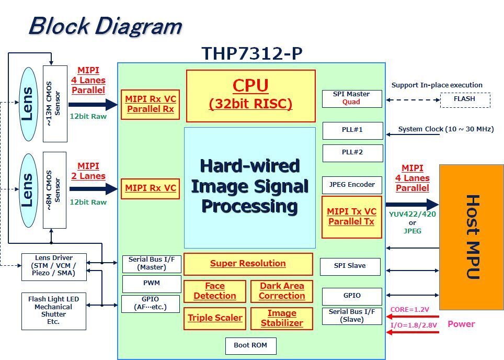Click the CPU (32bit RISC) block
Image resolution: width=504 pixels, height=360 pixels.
click(251, 96)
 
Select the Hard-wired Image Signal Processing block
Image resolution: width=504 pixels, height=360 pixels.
click(250, 187)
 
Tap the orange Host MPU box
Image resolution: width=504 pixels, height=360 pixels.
click(471, 237)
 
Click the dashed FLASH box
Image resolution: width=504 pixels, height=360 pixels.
click(465, 99)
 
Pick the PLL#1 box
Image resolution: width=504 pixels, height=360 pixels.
click(352, 130)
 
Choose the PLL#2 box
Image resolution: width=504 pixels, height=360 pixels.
click(352, 153)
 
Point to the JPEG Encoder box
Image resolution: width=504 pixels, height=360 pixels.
click(352, 185)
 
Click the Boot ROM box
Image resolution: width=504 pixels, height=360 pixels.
click(250, 345)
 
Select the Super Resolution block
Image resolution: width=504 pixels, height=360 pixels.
click(248, 264)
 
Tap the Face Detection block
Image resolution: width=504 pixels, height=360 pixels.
click(214, 291)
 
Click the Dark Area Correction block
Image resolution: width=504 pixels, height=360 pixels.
click(282, 291)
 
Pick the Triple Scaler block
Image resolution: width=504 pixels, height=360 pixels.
click(214, 318)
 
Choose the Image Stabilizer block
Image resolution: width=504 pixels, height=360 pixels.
click(282, 318)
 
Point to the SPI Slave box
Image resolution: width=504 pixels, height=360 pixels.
click(350, 266)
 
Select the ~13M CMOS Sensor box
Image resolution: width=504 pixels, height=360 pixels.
click(55, 103)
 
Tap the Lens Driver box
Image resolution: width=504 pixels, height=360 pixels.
click(54, 265)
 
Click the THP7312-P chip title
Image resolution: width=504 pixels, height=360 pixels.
click(251, 53)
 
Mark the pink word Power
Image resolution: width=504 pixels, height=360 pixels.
click(461, 324)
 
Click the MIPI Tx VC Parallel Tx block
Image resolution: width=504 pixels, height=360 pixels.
click(352, 217)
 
